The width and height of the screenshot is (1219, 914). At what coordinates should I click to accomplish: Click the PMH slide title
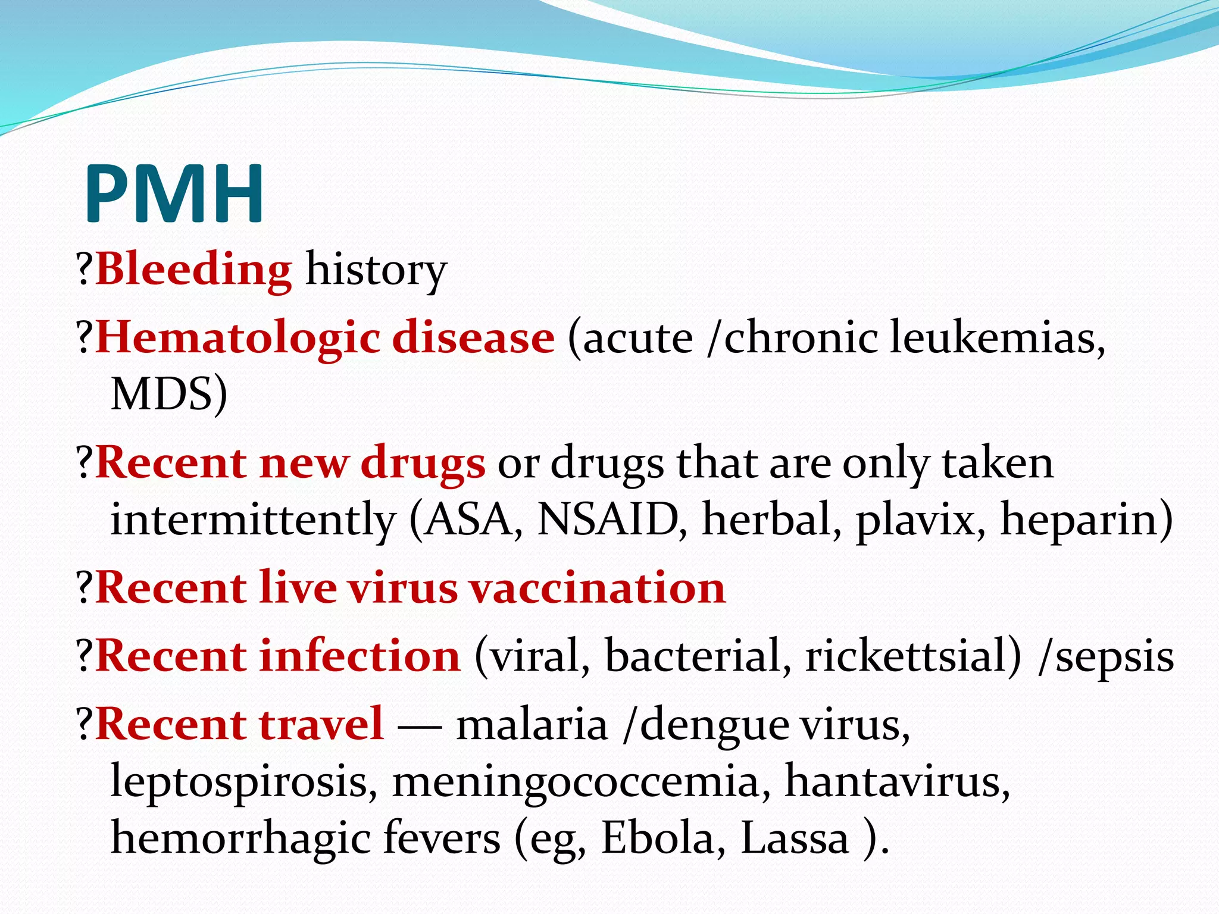pos(174,194)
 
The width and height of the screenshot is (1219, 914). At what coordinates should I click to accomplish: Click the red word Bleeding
pos(193,270)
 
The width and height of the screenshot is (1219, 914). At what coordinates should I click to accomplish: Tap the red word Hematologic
pos(238,338)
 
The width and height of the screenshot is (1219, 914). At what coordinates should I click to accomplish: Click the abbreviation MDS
pos(168,394)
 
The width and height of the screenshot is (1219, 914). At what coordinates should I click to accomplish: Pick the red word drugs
pos(423,464)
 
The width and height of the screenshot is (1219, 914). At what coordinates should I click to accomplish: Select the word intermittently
pos(253,519)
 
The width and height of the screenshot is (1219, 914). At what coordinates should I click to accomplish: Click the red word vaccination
pos(597,587)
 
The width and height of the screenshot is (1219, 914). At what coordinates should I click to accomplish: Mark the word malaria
pos(532,725)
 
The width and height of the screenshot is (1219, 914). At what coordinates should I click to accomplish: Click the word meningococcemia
pos(576,781)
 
